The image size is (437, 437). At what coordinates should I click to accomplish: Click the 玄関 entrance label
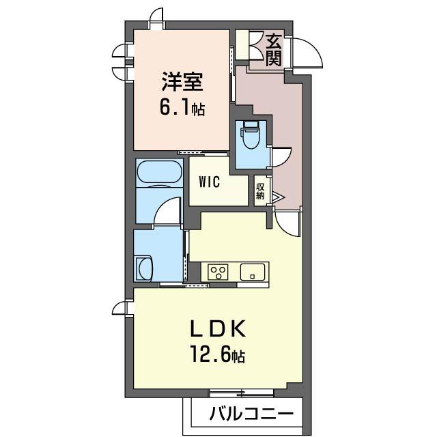[273, 49]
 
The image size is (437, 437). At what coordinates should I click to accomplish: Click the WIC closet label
[209, 182]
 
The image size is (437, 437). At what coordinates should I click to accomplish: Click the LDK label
[216, 330]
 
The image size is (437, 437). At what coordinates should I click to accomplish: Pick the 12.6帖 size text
[218, 356]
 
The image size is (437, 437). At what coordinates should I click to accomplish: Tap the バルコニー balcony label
[251, 414]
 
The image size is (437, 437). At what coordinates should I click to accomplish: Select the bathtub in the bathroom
[159, 173]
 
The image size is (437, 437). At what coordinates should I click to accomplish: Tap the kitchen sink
[253, 272]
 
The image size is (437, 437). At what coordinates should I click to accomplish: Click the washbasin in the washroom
[144, 267]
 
